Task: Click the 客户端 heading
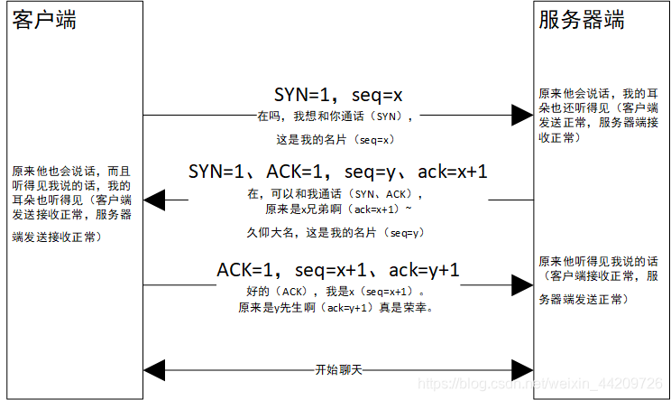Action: coord(44,21)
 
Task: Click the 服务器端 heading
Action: coord(582,21)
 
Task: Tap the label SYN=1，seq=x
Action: coord(337,95)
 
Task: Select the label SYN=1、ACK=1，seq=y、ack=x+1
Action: coord(337,172)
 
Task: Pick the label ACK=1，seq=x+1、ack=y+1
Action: coord(337,269)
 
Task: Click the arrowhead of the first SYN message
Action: coord(522,116)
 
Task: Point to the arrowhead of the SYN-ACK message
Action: coord(153,200)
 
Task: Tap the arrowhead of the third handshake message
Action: coord(522,284)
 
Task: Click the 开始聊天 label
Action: coord(337,369)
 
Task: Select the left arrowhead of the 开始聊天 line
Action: coord(154,369)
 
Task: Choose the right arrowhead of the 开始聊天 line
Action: coord(522,369)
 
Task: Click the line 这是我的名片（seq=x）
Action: coord(336,140)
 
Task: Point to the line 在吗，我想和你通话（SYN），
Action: coord(336,116)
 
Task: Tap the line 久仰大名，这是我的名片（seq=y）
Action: coord(336,232)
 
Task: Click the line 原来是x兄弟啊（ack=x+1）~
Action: coord(336,209)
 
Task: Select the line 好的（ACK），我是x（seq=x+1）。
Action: coord(336,292)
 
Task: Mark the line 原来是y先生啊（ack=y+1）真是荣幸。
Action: coord(336,308)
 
